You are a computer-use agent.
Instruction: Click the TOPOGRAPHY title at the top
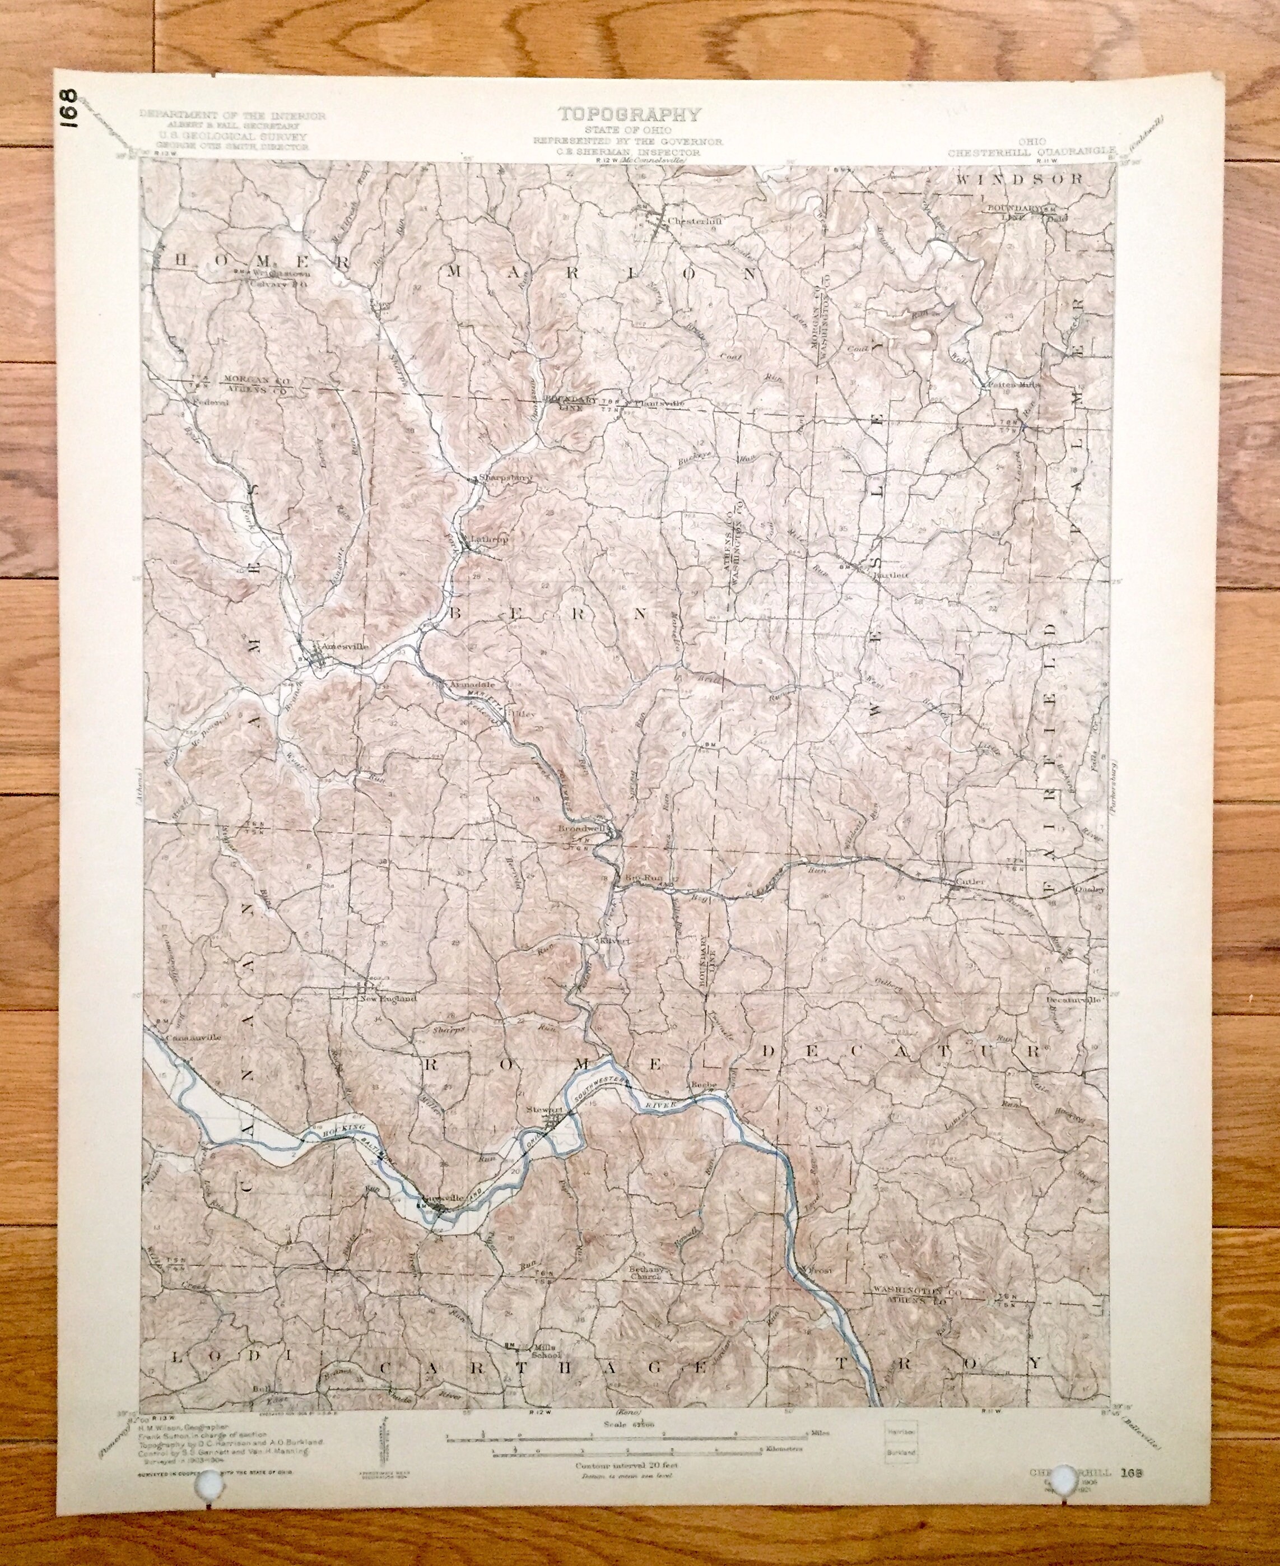click(x=630, y=114)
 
